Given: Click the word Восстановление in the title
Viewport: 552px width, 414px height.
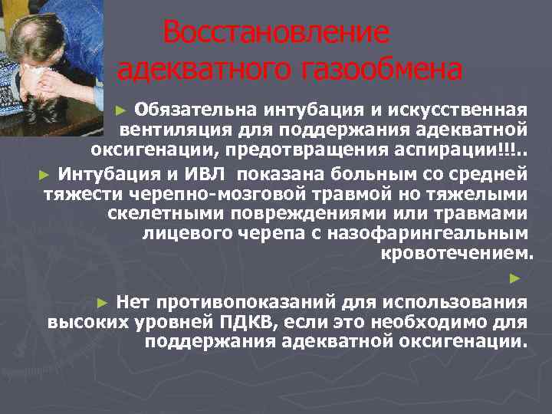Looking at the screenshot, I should (276, 33).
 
